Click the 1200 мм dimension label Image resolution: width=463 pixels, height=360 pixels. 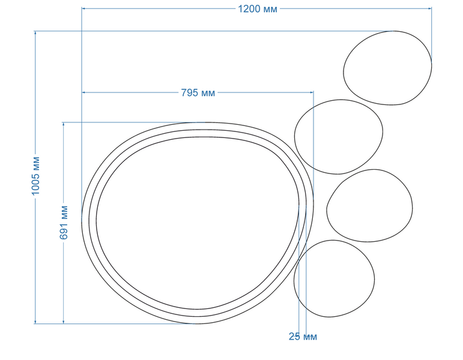tap(258, 9)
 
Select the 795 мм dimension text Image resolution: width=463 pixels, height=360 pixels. tap(198, 92)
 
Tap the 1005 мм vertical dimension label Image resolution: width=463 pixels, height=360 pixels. tap(35, 176)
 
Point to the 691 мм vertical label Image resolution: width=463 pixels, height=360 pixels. tap(64, 223)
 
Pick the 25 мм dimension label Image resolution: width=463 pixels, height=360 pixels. tap(303, 337)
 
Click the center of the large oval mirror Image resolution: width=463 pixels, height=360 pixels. tap(198, 223)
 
